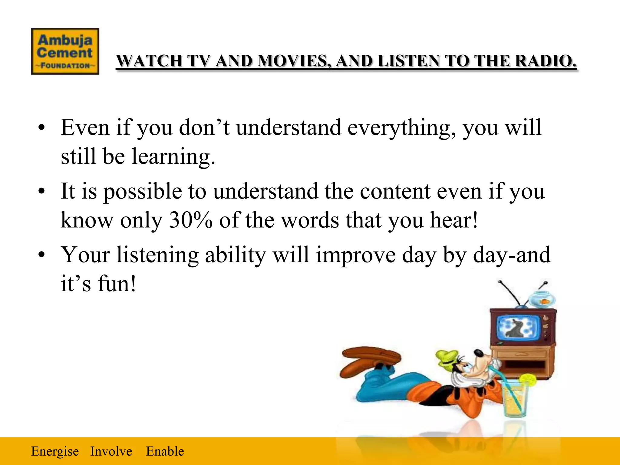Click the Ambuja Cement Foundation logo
click(x=65, y=51)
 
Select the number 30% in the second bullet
click(x=190, y=220)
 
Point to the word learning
click(x=173, y=157)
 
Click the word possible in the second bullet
click(x=143, y=192)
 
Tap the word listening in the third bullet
click(x=157, y=255)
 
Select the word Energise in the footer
click(x=55, y=451)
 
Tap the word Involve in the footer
click(x=111, y=451)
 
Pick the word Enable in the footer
click(x=165, y=451)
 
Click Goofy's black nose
click(x=479, y=353)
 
